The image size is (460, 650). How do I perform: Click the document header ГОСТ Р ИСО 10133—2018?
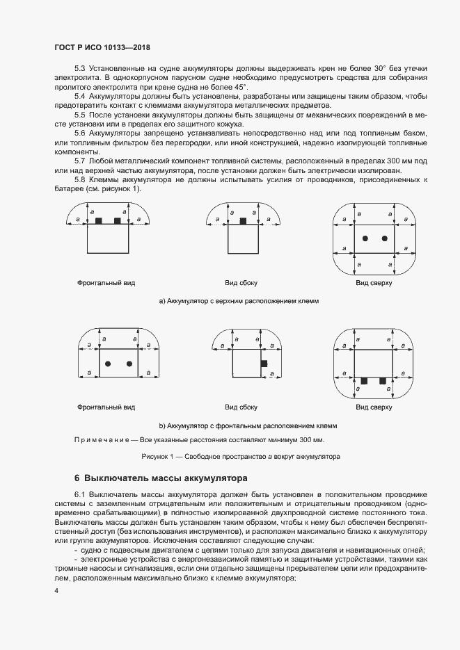tap(102, 47)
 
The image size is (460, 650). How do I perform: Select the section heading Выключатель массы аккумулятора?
tap(166, 478)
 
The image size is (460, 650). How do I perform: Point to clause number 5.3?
tap(80, 68)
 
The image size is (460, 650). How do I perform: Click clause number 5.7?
tap(80, 161)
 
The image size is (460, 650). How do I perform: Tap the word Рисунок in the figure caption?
tap(155, 457)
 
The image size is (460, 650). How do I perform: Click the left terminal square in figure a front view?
tap(99, 220)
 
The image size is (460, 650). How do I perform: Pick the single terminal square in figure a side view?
tap(243, 220)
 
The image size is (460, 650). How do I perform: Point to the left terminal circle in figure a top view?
tap(365, 238)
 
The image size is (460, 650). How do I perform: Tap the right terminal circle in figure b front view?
tap(129, 364)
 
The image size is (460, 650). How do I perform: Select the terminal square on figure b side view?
tap(263, 364)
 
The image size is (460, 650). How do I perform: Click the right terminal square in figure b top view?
tap(382, 381)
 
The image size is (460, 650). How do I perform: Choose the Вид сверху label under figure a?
tap(374, 284)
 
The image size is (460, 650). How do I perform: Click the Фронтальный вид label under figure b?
tap(106, 407)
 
